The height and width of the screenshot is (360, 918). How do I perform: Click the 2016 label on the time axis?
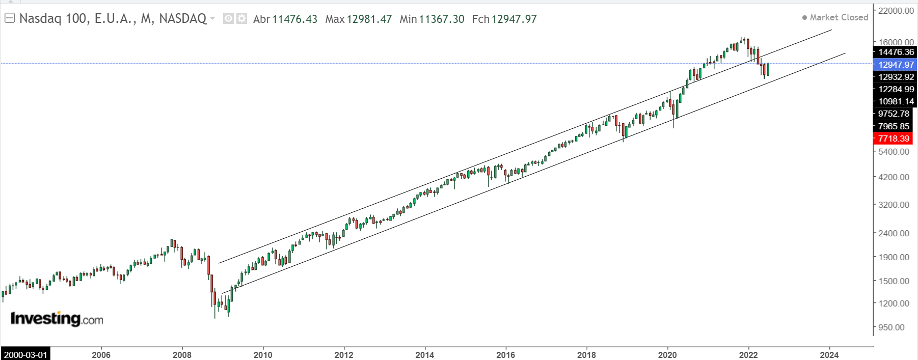click(505, 355)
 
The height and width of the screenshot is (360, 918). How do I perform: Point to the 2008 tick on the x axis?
click(182, 355)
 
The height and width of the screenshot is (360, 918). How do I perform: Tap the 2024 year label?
click(829, 355)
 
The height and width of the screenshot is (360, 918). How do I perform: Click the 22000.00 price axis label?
click(896, 11)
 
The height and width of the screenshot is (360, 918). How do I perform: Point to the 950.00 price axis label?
click(892, 327)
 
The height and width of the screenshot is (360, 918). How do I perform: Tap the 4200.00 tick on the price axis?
click(894, 177)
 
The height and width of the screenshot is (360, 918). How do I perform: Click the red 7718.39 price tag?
click(894, 139)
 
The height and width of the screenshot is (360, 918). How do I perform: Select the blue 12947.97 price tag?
click(896, 65)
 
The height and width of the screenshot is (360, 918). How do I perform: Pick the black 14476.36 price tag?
click(896, 52)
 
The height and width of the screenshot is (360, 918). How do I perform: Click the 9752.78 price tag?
click(894, 114)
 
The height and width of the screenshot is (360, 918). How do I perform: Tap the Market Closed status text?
click(839, 17)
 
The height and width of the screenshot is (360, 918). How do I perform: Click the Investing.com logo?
click(57, 319)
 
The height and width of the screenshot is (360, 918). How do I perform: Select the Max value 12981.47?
click(369, 19)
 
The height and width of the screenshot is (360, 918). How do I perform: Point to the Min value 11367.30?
click(442, 19)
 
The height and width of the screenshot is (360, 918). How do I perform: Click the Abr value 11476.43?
click(294, 19)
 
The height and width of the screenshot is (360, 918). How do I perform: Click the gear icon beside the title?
click(241, 19)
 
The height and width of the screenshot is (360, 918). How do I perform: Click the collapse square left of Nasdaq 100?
click(10, 19)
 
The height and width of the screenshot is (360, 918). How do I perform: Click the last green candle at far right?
click(768, 69)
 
